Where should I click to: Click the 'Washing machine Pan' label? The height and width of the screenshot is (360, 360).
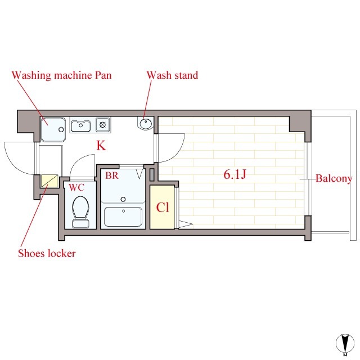[62, 75]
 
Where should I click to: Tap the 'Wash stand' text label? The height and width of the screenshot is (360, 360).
[172, 75]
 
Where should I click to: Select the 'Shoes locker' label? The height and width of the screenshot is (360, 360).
[47, 253]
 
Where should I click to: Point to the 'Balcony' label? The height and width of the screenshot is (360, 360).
[334, 179]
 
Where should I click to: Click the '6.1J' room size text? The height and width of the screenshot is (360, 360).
[235, 175]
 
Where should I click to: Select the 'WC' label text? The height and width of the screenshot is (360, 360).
[76, 187]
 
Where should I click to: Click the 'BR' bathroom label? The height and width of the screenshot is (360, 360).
[111, 175]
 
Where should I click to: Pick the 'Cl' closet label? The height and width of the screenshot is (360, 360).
[163, 208]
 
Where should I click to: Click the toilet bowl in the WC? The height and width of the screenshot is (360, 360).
[80, 209]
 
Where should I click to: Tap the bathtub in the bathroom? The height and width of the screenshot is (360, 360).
[123, 217]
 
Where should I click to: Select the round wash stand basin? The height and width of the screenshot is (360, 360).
[145, 123]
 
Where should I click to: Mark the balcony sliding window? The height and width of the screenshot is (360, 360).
[308, 179]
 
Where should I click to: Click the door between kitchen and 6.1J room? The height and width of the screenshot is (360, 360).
[172, 147]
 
